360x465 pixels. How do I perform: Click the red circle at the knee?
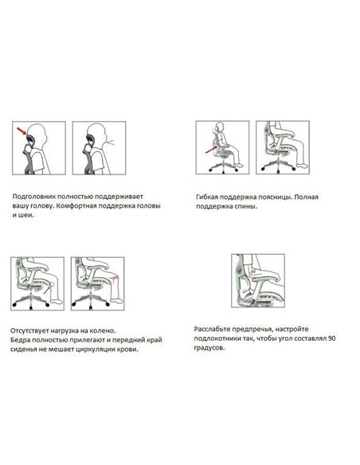coord(53,283)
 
